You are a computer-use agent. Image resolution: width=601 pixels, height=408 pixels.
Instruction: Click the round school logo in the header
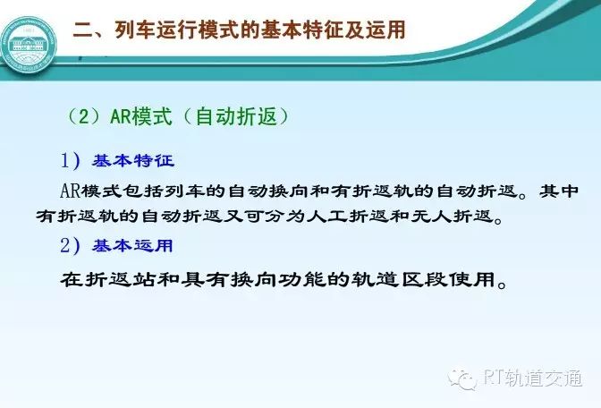(29, 45)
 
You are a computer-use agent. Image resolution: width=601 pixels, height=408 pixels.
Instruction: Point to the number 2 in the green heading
(84, 116)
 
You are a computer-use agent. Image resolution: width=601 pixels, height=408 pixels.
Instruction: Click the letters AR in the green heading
(121, 116)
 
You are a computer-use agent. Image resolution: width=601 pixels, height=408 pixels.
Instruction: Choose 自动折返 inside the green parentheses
(236, 115)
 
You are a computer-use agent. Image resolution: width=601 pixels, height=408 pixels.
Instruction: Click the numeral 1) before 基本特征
(71, 160)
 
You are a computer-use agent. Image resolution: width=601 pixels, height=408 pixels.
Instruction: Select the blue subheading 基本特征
(133, 161)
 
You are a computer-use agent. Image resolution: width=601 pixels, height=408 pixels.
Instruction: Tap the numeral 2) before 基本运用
(71, 245)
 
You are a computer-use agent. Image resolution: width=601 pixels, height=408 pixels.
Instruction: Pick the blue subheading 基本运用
(132, 246)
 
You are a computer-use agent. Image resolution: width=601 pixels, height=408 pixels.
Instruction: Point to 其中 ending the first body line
(559, 191)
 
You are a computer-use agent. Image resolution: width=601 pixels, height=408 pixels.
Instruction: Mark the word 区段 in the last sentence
(425, 280)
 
